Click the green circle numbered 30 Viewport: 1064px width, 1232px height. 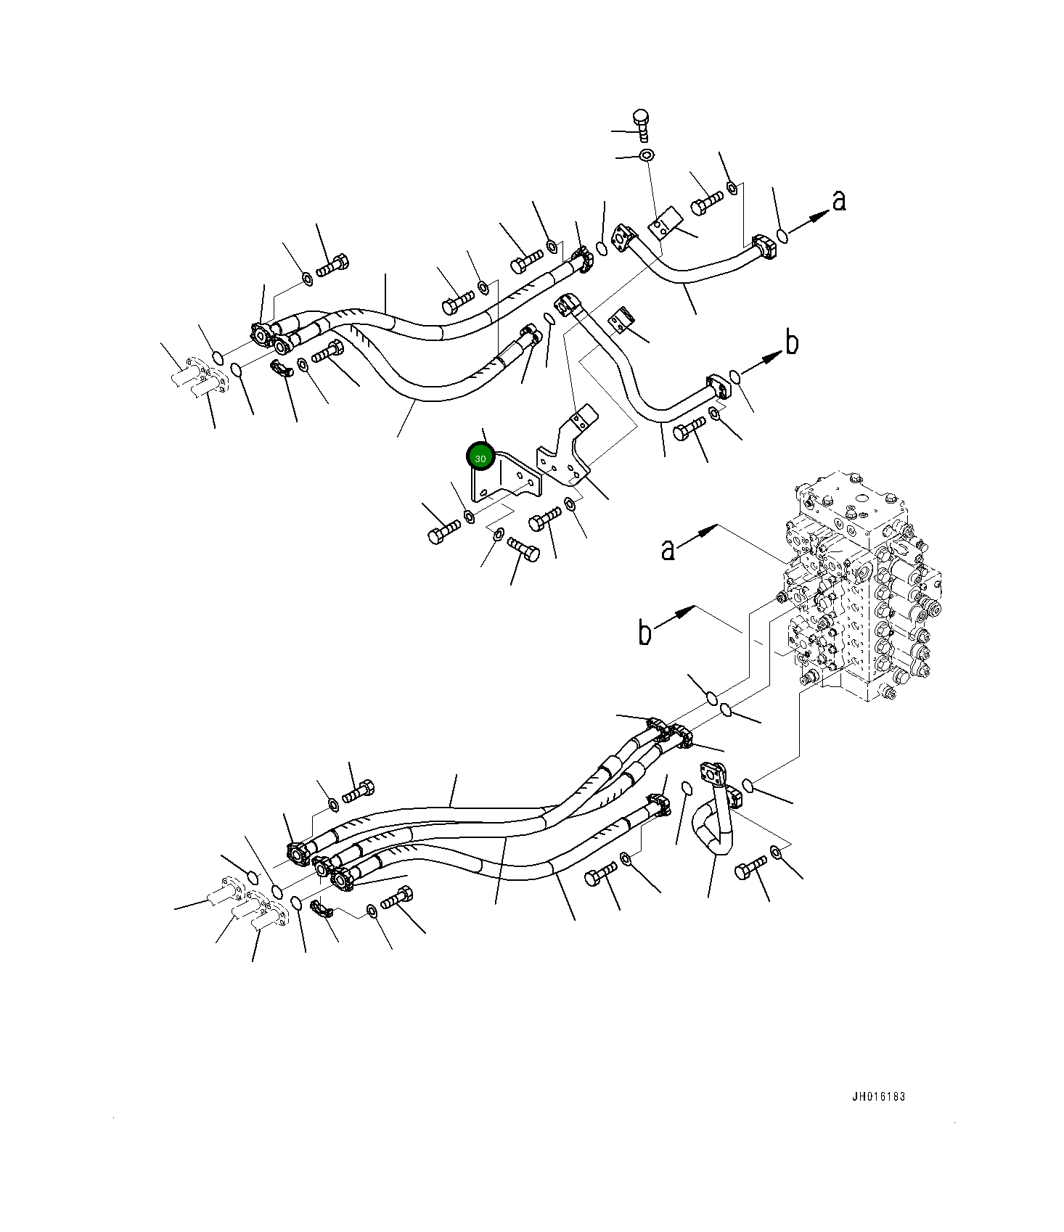pos(480,458)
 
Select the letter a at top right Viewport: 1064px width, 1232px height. pos(839,200)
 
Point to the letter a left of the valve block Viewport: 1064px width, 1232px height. pos(668,549)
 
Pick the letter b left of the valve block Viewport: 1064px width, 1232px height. pos(644,632)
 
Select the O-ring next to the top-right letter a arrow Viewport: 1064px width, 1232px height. pos(782,235)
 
